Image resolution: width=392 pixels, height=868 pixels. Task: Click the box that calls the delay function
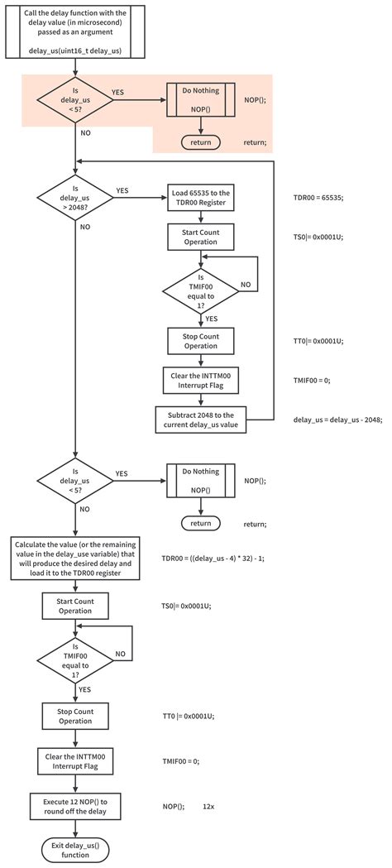[x=75, y=31]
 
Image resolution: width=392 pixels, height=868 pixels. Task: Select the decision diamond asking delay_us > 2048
[x=74, y=195]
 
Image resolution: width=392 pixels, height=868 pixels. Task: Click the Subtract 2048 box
[x=201, y=419]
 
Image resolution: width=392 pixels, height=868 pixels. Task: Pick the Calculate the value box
[x=75, y=558]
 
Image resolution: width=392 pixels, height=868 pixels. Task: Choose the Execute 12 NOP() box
[x=75, y=806]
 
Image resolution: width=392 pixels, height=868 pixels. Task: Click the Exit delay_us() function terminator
[x=75, y=850]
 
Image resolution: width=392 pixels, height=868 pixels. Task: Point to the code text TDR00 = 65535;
[x=318, y=197]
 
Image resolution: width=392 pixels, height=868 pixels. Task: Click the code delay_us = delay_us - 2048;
[x=337, y=420]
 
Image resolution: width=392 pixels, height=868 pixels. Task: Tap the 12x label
[x=208, y=807]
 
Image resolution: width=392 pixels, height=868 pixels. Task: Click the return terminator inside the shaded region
[x=201, y=141]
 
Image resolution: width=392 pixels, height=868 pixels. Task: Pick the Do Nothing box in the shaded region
[x=201, y=100]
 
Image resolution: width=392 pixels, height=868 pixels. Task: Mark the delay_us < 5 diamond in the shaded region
[x=74, y=100]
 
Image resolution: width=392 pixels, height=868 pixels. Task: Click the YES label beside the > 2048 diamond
[x=122, y=190]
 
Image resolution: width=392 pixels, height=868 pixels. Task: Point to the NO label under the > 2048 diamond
[x=86, y=227]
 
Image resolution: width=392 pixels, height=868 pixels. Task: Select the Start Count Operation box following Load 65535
[x=201, y=237]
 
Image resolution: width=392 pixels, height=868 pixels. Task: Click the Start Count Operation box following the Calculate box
[x=75, y=606]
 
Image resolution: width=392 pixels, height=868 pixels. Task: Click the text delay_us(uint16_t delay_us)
[x=74, y=50]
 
